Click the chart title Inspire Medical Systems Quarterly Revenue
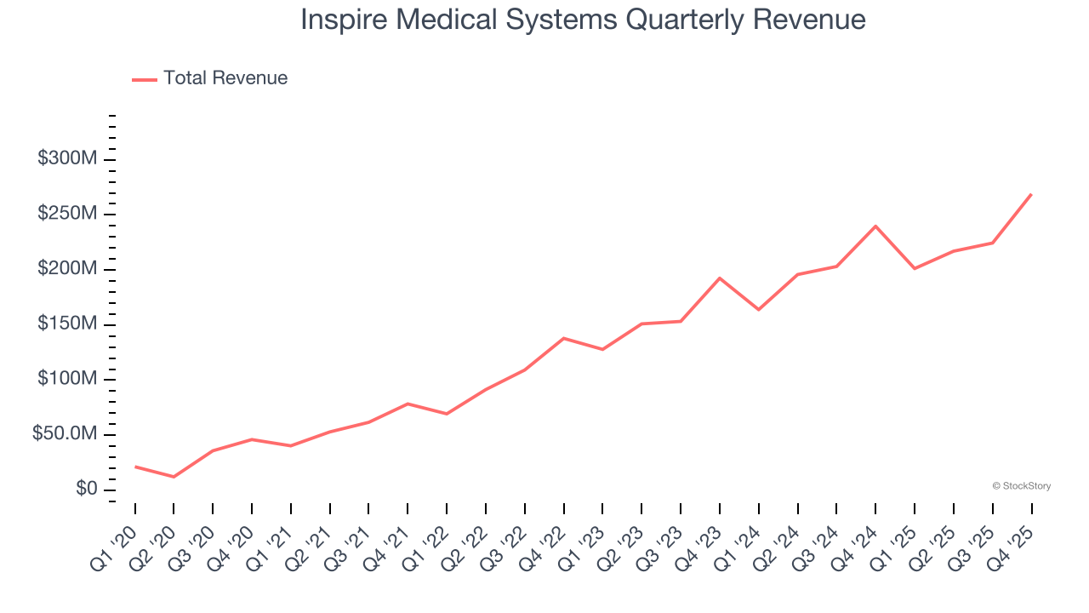pos(583,20)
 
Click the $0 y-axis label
pos(87,490)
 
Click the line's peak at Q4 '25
pos(1031,194)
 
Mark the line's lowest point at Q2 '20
pos(174,477)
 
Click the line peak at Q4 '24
pos(875,226)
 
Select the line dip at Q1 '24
pos(758,310)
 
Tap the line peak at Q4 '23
pos(720,278)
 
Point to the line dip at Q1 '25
pos(915,269)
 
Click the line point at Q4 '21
pos(408,404)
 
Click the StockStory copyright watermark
pos(1021,486)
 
